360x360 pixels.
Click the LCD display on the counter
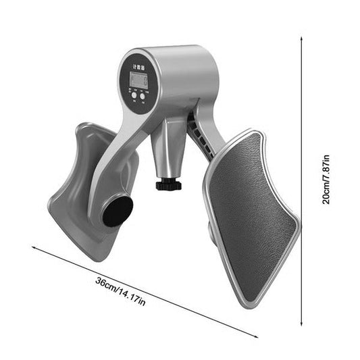click(x=138, y=81)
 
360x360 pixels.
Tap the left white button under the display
click(x=134, y=96)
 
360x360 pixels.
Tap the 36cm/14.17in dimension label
click(x=121, y=294)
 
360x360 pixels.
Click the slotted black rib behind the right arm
click(x=196, y=128)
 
